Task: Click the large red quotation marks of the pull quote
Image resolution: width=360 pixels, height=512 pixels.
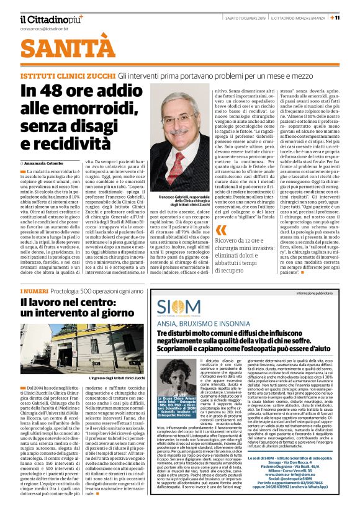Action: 220,230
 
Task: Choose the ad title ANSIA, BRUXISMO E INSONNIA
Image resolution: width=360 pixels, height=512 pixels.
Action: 202,324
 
